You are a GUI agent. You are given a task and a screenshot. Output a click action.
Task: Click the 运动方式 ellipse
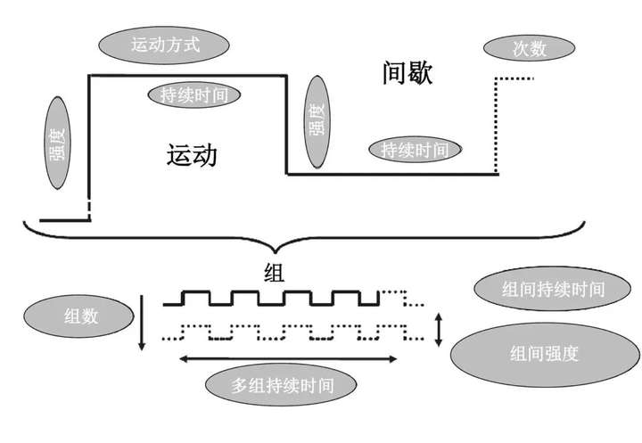pyautogui.click(x=164, y=45)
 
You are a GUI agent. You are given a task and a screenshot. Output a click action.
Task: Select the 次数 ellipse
pyautogui.click(x=529, y=48)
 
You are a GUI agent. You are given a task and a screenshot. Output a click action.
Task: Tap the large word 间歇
pyautogui.click(x=407, y=73)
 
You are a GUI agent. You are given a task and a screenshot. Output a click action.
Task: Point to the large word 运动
pyautogui.click(x=192, y=155)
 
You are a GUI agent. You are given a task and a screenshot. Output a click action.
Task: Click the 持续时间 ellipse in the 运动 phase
pyautogui.click(x=194, y=95)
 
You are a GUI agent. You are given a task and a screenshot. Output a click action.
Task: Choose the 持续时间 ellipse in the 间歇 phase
pyautogui.click(x=415, y=150)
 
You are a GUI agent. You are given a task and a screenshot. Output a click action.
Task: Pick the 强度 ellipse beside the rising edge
pyautogui.click(x=57, y=143)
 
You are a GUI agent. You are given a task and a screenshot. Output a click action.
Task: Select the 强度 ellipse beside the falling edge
pyautogui.click(x=317, y=121)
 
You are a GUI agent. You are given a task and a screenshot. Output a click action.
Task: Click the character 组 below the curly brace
pyautogui.click(x=274, y=273)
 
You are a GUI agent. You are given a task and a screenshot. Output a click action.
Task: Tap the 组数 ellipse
pyautogui.click(x=79, y=316)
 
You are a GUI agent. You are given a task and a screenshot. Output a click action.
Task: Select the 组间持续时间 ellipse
pyautogui.click(x=552, y=289)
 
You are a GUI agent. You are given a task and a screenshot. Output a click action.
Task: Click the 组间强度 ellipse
pyautogui.click(x=545, y=355)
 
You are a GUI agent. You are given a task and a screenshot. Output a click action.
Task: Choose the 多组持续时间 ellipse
pyautogui.click(x=281, y=385)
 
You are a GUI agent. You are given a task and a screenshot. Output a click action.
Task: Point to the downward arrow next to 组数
pyautogui.click(x=142, y=323)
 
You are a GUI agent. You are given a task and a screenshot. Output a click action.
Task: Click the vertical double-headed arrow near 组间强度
pyautogui.click(x=439, y=330)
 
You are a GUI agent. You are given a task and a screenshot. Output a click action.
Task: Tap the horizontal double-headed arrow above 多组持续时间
pyautogui.click(x=288, y=359)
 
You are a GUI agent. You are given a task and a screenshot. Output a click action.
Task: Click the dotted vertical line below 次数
pyautogui.click(x=496, y=125)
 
